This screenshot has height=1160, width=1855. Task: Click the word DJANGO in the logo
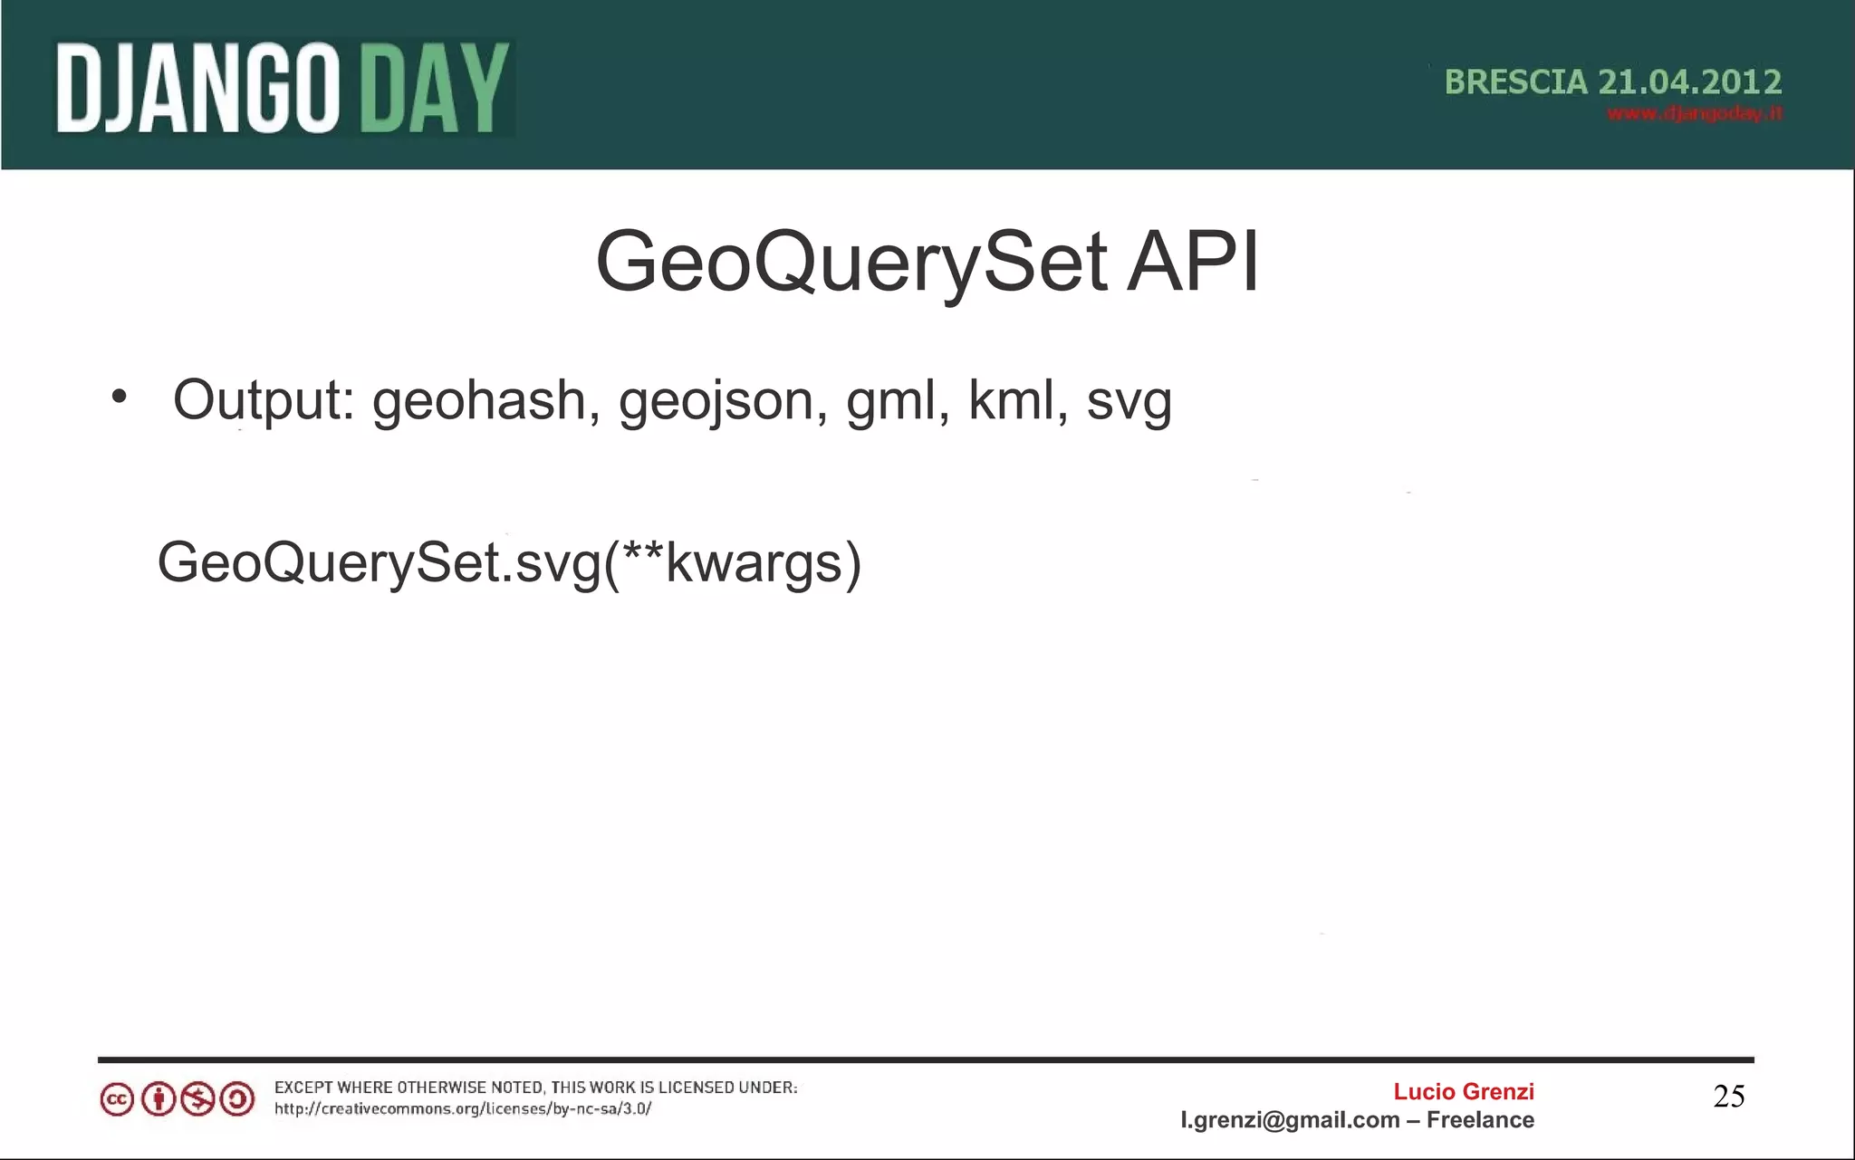[197, 89]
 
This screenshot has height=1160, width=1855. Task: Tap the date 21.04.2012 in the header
[1689, 82]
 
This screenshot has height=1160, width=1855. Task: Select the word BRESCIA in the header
[1515, 82]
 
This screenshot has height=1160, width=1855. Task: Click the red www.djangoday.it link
[1694, 113]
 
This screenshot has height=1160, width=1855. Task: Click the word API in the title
[1192, 263]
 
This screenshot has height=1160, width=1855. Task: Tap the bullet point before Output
[119, 397]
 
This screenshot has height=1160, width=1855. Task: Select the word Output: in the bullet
[264, 400]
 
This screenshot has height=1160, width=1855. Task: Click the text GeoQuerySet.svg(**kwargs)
[509, 563]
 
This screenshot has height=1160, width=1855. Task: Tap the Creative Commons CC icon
[117, 1099]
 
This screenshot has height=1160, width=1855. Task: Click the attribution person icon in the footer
[158, 1099]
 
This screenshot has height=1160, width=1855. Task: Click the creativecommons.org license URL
[463, 1109]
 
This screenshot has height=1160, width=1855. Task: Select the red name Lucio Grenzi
[1463, 1092]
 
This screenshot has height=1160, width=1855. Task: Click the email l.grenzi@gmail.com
[1290, 1120]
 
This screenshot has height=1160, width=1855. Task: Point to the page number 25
[1728, 1097]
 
